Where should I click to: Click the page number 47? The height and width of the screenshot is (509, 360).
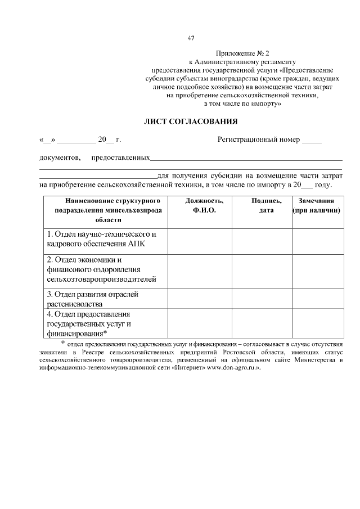[191, 38]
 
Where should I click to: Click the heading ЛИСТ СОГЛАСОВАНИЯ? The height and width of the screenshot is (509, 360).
[191, 121]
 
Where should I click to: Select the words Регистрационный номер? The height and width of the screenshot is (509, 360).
[259, 139]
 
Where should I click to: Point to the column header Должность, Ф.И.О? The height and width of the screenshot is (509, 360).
[200, 205]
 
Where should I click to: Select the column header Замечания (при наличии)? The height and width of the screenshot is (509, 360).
[317, 205]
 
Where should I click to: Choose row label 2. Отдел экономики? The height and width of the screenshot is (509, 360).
[101, 269]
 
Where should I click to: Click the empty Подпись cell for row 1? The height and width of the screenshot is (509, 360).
[262, 240]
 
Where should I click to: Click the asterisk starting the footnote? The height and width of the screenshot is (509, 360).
[63, 341]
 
